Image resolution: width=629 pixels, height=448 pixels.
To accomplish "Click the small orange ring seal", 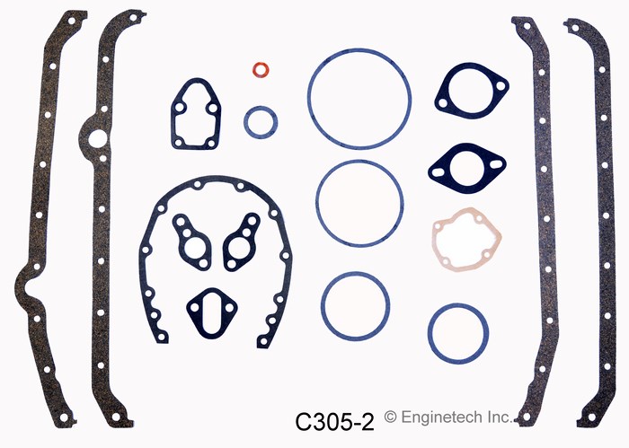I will [261, 70].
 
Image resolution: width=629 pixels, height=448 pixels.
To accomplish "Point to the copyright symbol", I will [390, 417].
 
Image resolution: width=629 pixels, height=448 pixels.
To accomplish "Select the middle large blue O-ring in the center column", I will [359, 203].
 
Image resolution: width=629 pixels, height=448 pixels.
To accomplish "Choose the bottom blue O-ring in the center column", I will [356, 303].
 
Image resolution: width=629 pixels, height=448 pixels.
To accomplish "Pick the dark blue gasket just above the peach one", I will [466, 168].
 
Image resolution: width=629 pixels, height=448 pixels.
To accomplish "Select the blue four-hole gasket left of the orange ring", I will [197, 114].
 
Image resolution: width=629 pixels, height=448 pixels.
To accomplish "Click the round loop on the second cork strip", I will [97, 139].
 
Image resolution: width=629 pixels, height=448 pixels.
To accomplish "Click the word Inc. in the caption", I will [500, 417].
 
